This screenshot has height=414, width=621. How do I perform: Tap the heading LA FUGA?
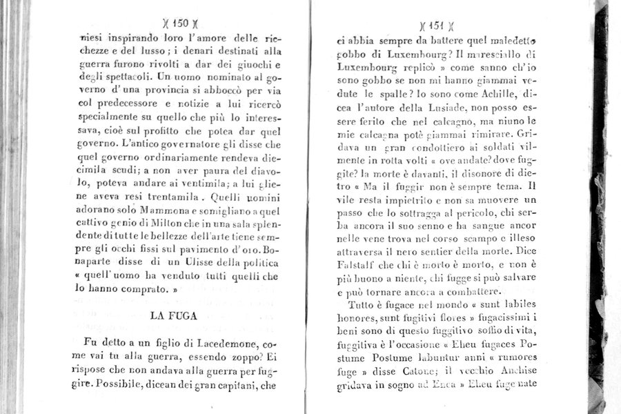(x=175, y=315)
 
